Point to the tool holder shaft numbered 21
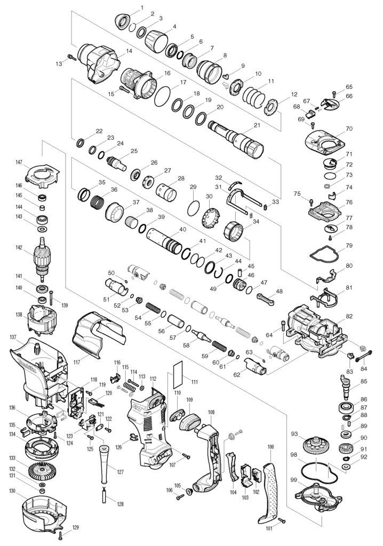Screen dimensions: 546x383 [x=235, y=138]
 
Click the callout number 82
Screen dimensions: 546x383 [x=349, y=317]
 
